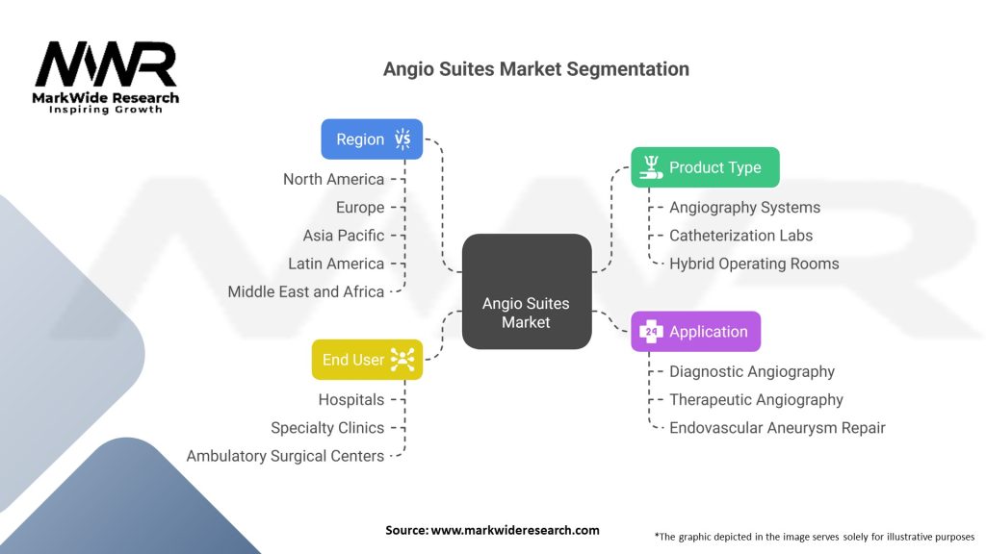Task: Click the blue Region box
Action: pyautogui.click(x=372, y=138)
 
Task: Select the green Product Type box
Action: pyautogui.click(x=705, y=167)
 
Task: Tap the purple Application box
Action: pyautogui.click(x=695, y=331)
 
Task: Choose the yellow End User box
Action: pyautogui.click(x=367, y=360)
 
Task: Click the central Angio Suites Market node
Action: pyautogui.click(x=527, y=291)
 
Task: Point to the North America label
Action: pyautogui.click(x=333, y=179)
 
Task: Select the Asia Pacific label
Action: pyautogui.click(x=344, y=236)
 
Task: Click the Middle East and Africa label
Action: pyautogui.click(x=305, y=291)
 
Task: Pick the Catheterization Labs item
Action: pyautogui.click(x=740, y=236)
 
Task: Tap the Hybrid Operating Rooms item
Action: pyautogui.click(x=754, y=264)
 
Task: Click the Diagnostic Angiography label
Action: pyautogui.click(x=751, y=372)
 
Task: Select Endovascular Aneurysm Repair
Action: pyautogui.click(x=777, y=428)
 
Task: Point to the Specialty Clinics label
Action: pyautogui.click(x=327, y=428)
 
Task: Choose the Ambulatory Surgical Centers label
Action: pyautogui.click(x=285, y=456)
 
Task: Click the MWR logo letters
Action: pyautogui.click(x=106, y=64)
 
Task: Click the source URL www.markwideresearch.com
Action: pyautogui.click(x=515, y=530)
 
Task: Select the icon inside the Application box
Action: pyautogui.click(x=651, y=331)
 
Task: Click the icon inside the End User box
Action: pyautogui.click(x=402, y=360)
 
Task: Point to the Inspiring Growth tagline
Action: pyautogui.click(x=106, y=110)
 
